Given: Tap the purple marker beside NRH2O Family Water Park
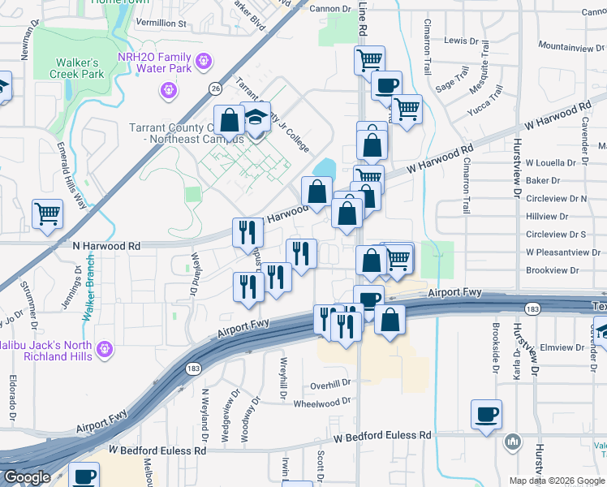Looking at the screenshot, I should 203,60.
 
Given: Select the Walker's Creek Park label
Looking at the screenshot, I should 77,69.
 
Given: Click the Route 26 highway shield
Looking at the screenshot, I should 215,87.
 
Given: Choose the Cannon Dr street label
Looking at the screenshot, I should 329,8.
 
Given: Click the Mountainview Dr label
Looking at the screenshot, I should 566,48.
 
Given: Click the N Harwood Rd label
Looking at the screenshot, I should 106,245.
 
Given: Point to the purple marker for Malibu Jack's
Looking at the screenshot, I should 104,350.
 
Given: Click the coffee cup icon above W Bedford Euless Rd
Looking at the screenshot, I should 486,415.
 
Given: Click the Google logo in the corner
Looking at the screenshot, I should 27,477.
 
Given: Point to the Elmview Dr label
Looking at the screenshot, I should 556,347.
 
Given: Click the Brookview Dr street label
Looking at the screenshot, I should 556,270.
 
